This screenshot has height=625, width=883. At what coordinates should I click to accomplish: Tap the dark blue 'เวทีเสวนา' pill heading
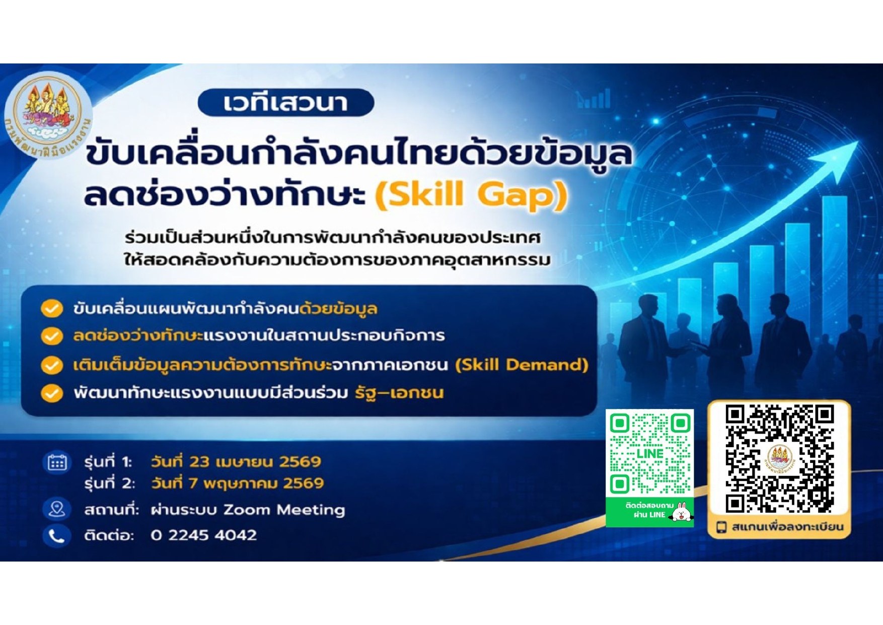click(286, 103)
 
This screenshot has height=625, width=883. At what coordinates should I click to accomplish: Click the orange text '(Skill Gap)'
click(472, 195)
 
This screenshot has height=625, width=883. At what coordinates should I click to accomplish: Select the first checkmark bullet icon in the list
click(51, 309)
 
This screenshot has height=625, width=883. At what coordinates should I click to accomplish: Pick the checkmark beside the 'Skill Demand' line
click(51, 365)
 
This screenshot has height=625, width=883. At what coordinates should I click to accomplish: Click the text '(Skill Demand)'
click(522, 365)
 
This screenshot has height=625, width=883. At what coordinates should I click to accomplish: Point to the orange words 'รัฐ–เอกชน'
click(399, 392)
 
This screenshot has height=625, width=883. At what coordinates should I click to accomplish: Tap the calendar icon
click(57, 462)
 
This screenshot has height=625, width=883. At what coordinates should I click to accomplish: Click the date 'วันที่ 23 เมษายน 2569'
click(236, 462)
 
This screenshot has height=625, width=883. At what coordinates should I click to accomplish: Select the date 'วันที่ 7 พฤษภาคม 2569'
click(237, 483)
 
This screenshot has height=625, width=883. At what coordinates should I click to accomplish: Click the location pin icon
click(56, 509)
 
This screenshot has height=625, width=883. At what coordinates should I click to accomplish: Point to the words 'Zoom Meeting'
click(284, 510)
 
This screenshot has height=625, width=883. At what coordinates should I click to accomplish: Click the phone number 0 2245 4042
click(204, 535)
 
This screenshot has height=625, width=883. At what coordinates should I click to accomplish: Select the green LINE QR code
click(649, 453)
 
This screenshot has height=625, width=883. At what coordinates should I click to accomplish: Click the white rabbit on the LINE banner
click(682, 511)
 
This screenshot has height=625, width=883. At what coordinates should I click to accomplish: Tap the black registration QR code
click(779, 458)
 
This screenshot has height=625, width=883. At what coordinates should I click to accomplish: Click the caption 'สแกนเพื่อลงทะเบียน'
click(787, 527)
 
